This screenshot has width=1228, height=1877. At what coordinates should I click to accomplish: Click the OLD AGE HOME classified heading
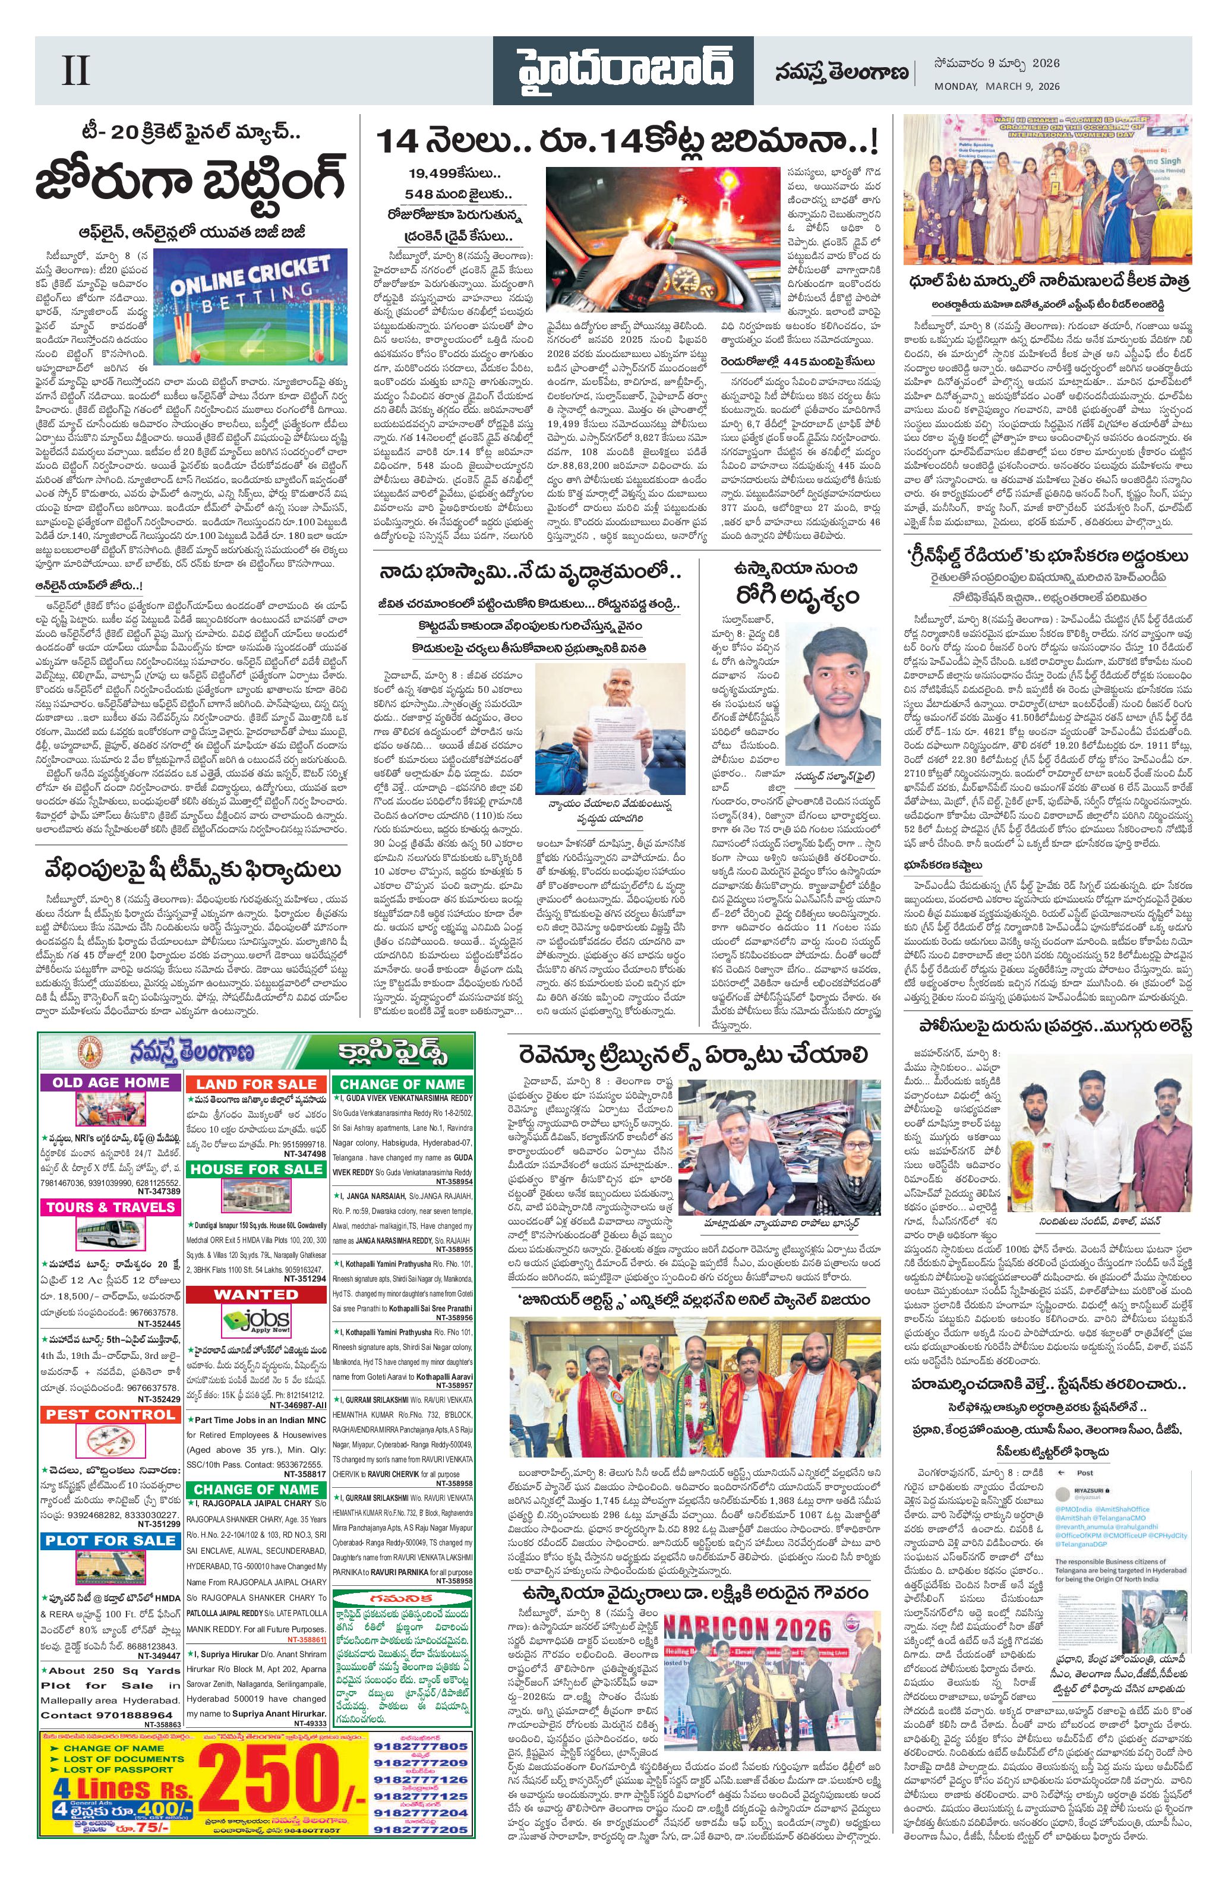pos(111,1081)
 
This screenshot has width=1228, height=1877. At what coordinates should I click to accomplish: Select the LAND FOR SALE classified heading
pos(256,1084)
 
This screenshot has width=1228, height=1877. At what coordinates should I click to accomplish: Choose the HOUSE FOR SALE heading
pos(255,1168)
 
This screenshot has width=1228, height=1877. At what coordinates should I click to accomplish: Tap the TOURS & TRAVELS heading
pos(111,1207)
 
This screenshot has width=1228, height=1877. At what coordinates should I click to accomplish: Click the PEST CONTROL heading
pos(111,1414)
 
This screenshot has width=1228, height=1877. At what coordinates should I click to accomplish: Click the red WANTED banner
pos(255,1294)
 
